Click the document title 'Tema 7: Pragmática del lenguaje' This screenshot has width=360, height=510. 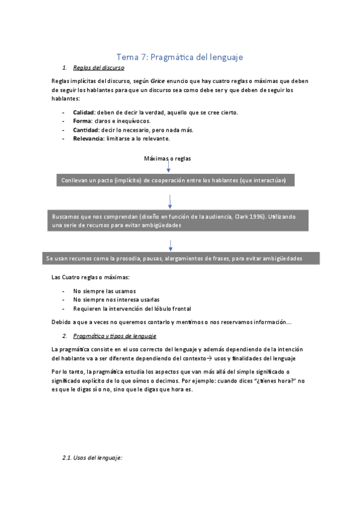[x=179, y=57]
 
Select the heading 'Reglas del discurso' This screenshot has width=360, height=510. [x=99, y=68]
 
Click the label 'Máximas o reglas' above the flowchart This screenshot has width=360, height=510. [x=168, y=158]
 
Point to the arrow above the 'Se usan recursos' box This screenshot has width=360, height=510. [x=171, y=245]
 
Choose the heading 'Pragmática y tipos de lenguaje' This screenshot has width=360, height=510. [x=114, y=336]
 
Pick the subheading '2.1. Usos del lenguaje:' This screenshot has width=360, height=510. [x=92, y=458]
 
